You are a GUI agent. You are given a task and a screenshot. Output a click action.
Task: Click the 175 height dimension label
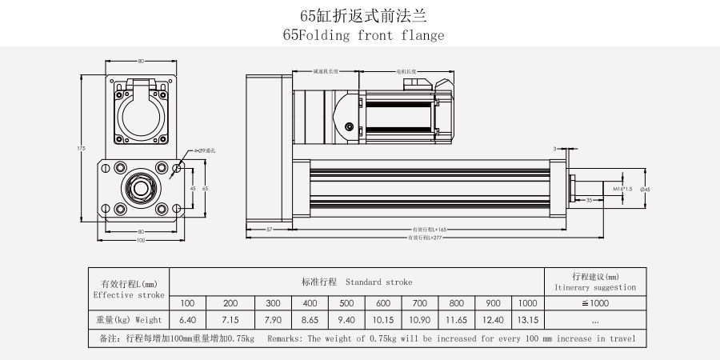82,148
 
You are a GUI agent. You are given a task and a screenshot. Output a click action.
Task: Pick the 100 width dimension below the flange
141,240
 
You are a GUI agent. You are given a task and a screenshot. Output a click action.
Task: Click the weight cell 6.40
188,320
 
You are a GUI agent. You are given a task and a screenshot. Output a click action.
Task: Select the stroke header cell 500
346,303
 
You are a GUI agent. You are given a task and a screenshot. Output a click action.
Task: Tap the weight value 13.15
527,320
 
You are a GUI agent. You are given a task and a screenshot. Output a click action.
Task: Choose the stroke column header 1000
527,303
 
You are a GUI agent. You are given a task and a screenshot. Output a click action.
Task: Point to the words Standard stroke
379,282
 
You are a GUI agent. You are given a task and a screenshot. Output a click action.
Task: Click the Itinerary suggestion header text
595,286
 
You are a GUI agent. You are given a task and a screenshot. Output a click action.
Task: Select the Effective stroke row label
129,294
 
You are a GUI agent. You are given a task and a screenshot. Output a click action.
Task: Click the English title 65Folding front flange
362,36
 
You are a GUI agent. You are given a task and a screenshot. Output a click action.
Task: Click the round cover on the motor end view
141,114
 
